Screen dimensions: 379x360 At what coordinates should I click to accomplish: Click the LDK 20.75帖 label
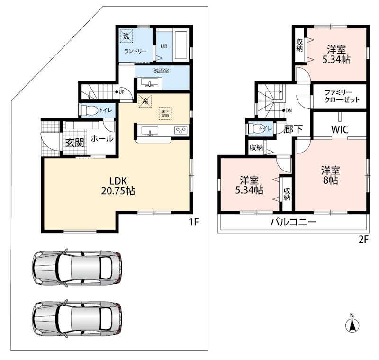click(x=118, y=186)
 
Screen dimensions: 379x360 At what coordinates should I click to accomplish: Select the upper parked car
click(x=77, y=267)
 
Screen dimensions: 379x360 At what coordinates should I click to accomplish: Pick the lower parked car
click(x=77, y=318)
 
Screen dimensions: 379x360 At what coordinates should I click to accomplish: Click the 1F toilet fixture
click(x=89, y=110)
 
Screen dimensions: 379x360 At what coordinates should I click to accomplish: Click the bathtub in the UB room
click(x=180, y=45)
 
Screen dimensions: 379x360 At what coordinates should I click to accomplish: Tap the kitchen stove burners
click(x=181, y=130)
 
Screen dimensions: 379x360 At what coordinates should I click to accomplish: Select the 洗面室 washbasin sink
click(x=149, y=82)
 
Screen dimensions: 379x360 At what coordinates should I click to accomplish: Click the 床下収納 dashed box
click(x=165, y=113)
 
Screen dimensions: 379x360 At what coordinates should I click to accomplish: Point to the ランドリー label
click(x=135, y=51)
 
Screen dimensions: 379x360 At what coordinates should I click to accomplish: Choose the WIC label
click(x=340, y=129)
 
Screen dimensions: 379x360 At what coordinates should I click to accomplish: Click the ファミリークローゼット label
click(x=342, y=96)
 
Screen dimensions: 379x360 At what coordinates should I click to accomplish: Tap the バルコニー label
click(x=293, y=222)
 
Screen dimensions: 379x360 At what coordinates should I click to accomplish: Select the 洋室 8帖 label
click(x=330, y=175)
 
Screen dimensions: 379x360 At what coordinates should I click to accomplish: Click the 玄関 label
click(x=75, y=143)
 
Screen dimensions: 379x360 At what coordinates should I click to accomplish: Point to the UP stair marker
click(x=120, y=92)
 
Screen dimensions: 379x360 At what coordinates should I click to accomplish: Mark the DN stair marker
click(x=287, y=111)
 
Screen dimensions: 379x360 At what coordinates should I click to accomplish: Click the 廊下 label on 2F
click(x=293, y=129)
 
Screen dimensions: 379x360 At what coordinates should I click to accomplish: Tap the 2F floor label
click(x=363, y=239)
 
